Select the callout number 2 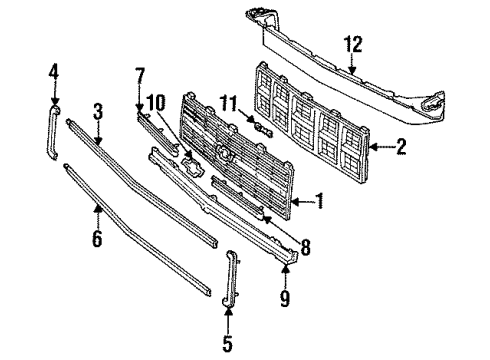tap(401, 149)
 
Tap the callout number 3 tap(98, 110)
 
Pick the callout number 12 tap(352, 44)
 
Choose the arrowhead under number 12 tap(352, 70)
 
